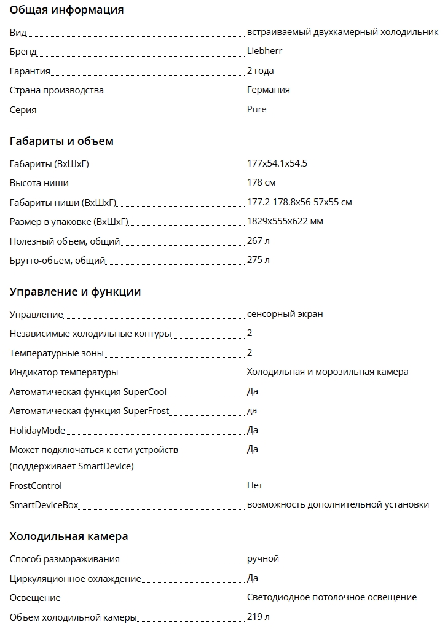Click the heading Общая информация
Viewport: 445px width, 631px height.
coord(66,10)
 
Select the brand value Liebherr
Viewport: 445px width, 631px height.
coord(264,51)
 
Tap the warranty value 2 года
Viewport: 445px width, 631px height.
coord(260,71)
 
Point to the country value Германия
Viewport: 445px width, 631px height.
coord(268,90)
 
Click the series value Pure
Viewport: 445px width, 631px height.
coord(256,109)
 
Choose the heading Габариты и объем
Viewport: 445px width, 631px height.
coord(61,141)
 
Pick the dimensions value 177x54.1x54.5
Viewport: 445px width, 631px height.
coord(277,163)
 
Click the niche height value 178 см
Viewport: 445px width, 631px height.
coord(261,182)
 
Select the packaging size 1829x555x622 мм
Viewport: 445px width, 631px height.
coord(285,221)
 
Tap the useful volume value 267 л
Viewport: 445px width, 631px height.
coord(258,241)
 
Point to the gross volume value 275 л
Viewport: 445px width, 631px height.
coord(258,260)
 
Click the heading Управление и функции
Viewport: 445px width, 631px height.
coord(75,292)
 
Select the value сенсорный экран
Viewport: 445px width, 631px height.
coord(285,314)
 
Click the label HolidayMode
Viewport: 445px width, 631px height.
coord(37,430)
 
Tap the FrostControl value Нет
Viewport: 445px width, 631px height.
coord(254,485)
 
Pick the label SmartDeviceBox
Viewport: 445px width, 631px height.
coord(44,505)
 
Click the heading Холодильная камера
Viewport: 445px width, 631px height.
coord(69,536)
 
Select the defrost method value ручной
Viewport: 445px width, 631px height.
coord(262,558)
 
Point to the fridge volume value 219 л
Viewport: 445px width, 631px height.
coord(258,616)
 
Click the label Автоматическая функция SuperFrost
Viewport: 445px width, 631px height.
coord(89,411)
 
